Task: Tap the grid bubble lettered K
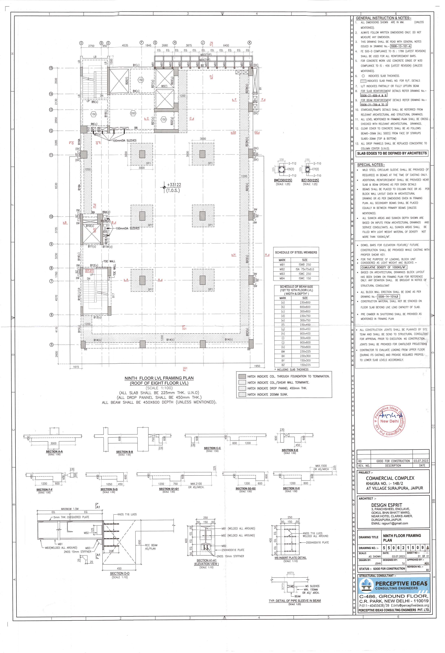coord(249,43)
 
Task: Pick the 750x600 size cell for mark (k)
coord(305,347)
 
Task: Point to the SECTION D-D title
coord(120,573)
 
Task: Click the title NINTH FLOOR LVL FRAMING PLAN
coord(159,378)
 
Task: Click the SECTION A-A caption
coord(54,451)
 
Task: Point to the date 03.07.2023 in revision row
coord(420,461)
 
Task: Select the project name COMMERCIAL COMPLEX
coord(390,478)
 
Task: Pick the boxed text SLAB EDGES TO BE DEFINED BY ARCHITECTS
coord(392,153)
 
